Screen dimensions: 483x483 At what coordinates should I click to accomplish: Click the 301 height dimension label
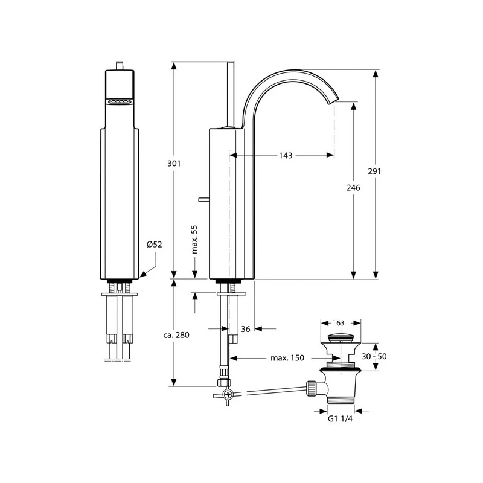pyautogui.click(x=174, y=163)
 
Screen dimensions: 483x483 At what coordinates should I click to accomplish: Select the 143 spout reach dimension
pyautogui.click(x=286, y=155)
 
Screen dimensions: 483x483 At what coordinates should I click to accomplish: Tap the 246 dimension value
pyautogui.click(x=353, y=187)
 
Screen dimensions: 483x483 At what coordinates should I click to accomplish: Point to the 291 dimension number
pyautogui.click(x=374, y=171)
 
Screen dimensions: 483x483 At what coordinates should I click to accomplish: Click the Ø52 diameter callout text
pyautogui.click(x=155, y=245)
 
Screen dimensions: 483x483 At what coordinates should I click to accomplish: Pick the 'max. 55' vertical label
pyautogui.click(x=194, y=239)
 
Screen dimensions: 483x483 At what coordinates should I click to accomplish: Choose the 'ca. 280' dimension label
pyautogui.click(x=176, y=335)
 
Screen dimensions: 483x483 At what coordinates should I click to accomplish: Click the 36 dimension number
pyautogui.click(x=246, y=329)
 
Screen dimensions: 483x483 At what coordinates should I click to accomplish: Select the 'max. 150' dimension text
pyautogui.click(x=287, y=357)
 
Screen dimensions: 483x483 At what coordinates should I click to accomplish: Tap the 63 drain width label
pyautogui.click(x=341, y=323)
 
